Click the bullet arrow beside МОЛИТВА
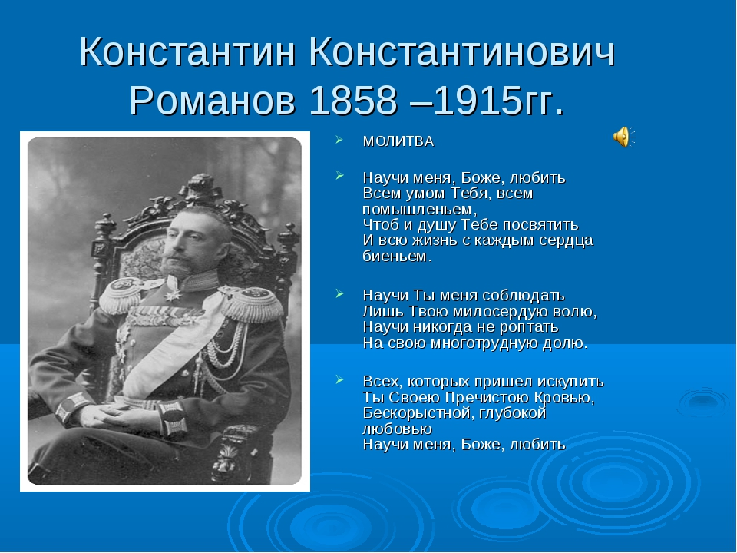(339, 141)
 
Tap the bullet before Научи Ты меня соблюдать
(339, 295)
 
